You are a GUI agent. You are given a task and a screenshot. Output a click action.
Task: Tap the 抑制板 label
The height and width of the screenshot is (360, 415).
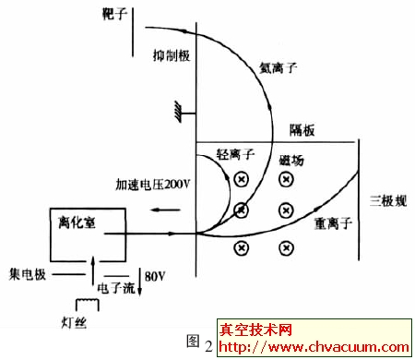click(172, 56)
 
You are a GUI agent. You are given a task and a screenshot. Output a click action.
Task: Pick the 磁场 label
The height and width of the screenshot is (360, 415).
click(290, 160)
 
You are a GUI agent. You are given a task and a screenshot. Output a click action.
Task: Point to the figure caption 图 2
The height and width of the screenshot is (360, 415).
click(198, 342)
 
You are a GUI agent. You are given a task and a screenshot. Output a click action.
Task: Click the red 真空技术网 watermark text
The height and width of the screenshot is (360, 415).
click(255, 330)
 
